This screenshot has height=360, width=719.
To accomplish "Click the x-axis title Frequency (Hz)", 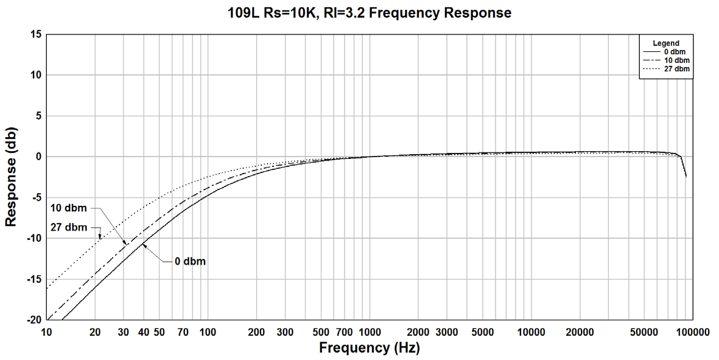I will (369, 348).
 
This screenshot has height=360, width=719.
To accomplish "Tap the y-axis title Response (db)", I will (10, 177).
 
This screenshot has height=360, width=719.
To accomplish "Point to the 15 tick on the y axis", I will (36, 35).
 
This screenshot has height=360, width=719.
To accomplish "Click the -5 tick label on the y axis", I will (36, 197).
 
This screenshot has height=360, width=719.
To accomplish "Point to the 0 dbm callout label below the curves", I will (190, 261).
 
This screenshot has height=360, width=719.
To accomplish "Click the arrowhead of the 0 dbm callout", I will (144, 245).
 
